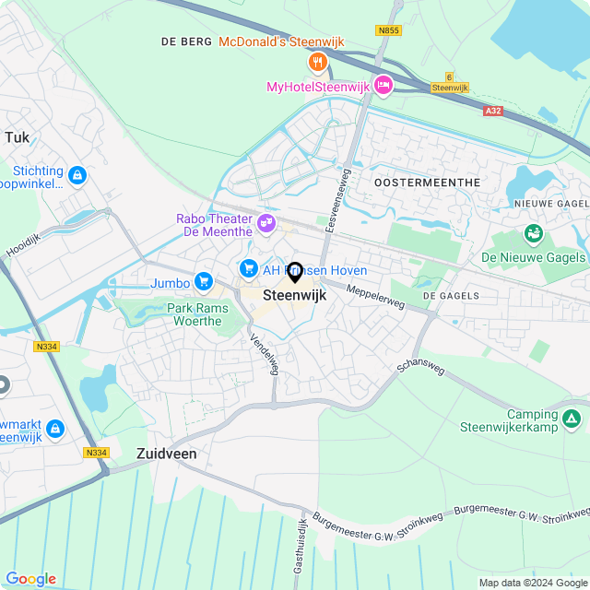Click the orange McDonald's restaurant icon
pyautogui.click(x=316, y=62)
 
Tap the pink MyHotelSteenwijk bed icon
pyautogui.click(x=383, y=87)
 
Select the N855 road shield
pyautogui.click(x=388, y=30)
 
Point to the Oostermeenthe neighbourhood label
pyautogui.click(x=428, y=183)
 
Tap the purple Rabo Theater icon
pyautogui.click(x=266, y=222)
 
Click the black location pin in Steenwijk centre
pyautogui.click(x=295, y=273)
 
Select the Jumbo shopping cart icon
pyautogui.click(x=204, y=282)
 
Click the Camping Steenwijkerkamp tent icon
pyautogui.click(x=572, y=420)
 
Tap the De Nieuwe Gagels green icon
pyautogui.click(x=533, y=234)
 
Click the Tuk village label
pyautogui.click(x=17, y=137)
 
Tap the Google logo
pyautogui.click(x=30, y=579)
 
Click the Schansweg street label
pyautogui.click(x=420, y=360)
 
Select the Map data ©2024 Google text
pyautogui.click(x=532, y=582)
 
